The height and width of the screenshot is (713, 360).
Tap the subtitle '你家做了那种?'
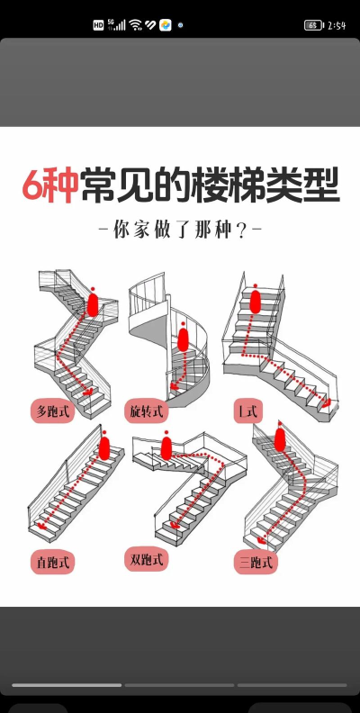(x=180, y=229)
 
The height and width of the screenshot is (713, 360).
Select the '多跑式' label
(x=53, y=411)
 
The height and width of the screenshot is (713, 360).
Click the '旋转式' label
(x=146, y=411)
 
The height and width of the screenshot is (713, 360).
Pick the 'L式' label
(x=246, y=411)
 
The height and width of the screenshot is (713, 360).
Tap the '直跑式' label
(x=53, y=563)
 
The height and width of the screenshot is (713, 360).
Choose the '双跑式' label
(x=146, y=560)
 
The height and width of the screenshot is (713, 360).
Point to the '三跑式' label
(x=255, y=562)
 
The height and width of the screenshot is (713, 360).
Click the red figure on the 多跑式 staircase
(x=92, y=303)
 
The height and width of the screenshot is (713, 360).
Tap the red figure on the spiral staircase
(x=184, y=339)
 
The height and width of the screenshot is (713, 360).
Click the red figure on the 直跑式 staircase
(x=104, y=447)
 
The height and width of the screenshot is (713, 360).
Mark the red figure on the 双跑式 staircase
(x=166, y=447)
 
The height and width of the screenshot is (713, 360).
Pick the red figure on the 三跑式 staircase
(x=280, y=438)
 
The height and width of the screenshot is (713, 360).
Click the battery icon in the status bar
(x=313, y=25)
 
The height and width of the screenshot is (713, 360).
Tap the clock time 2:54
(x=337, y=25)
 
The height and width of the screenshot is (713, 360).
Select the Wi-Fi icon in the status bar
(x=135, y=25)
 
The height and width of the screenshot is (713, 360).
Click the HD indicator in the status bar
(x=98, y=25)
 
